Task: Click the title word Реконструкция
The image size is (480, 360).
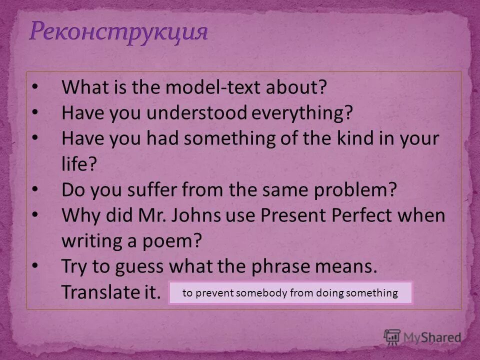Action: tap(118, 32)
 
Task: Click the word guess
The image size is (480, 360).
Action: tap(137, 266)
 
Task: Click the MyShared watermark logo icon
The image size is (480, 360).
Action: tap(392, 338)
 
